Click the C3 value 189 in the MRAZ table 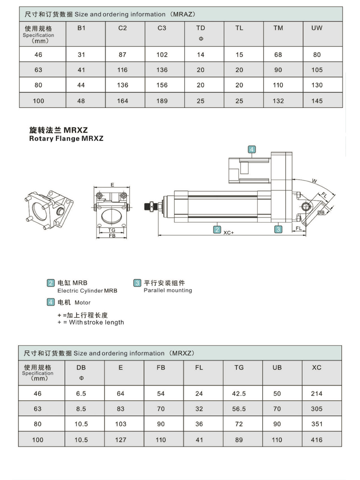pyautogui.click(x=162, y=101)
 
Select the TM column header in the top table pyautogui.click(x=278, y=28)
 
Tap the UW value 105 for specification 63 pyautogui.click(x=317, y=70)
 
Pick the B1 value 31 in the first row pyautogui.click(x=81, y=55)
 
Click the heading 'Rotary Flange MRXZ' pyautogui.click(x=66, y=138)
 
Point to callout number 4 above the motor pyautogui.click(x=252, y=149)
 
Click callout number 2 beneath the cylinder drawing pyautogui.click(x=217, y=229)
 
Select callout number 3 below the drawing pyautogui.click(x=278, y=229)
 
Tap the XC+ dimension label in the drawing pyautogui.click(x=229, y=233)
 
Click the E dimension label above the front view pyautogui.click(x=112, y=185)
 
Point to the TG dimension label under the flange pyautogui.click(x=112, y=230)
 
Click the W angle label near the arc pyautogui.click(x=314, y=181)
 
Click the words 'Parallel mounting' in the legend pyautogui.click(x=168, y=290)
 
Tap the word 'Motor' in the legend pyautogui.click(x=82, y=302)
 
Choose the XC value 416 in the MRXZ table pyautogui.click(x=316, y=440)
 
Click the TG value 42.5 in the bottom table pyautogui.click(x=239, y=394)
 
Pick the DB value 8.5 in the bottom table pyautogui.click(x=81, y=409)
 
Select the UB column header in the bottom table pyautogui.click(x=277, y=367)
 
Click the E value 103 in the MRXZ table pyautogui.click(x=121, y=424)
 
